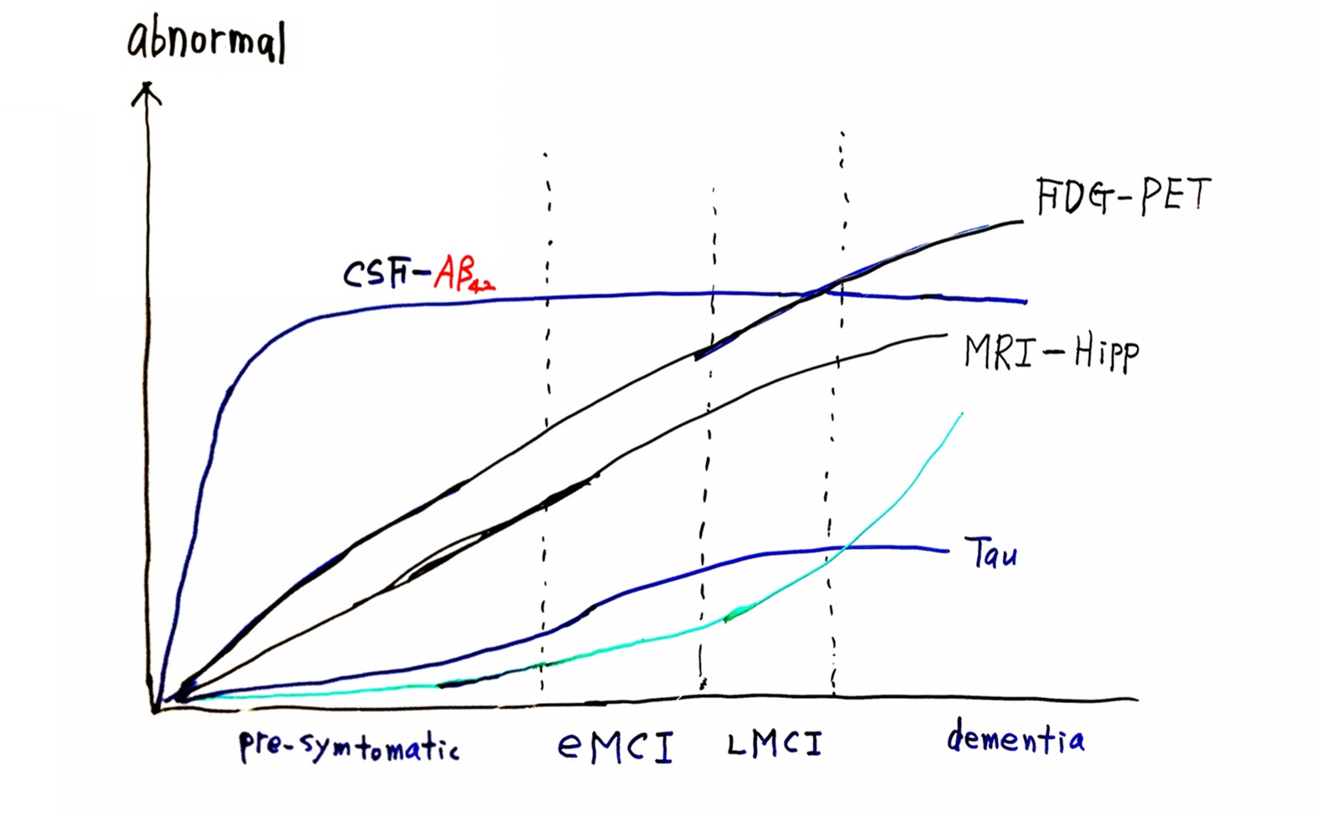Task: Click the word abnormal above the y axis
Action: [x=207, y=40]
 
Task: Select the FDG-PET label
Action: [x=1123, y=196]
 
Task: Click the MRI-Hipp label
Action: [x=1051, y=353]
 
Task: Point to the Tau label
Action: [x=991, y=553]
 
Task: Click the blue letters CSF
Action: [x=377, y=275]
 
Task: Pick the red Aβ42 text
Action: [x=464, y=274]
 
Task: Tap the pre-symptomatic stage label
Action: [x=349, y=746]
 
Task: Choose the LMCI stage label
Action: [x=775, y=744]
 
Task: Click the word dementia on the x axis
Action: [x=1016, y=736]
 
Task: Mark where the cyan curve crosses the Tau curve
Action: [x=844, y=548]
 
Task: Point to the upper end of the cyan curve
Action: [x=962, y=414]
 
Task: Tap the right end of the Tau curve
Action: [x=948, y=552]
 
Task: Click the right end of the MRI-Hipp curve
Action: [x=946, y=336]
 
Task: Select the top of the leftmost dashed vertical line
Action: [x=545, y=155]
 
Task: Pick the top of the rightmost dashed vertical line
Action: [x=842, y=133]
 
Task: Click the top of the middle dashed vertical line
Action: [x=714, y=188]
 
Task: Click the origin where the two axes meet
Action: [x=155, y=710]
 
